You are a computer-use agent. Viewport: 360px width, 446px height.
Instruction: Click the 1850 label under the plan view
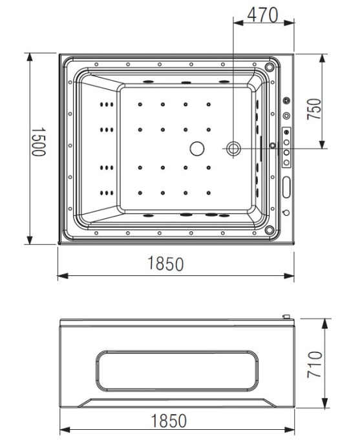point(165,264)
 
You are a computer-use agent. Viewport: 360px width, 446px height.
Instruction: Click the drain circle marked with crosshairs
point(233,149)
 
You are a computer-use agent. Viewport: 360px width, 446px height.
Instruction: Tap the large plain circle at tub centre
point(196,149)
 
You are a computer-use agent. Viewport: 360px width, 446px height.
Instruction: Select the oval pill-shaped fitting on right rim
point(286,186)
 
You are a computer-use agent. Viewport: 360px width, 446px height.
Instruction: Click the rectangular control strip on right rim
point(286,147)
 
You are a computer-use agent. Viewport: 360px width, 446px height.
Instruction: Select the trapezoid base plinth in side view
point(176,403)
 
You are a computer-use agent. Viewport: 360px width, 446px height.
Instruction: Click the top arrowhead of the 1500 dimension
point(30,57)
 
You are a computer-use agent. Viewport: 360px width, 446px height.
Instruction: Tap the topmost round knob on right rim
point(286,102)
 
